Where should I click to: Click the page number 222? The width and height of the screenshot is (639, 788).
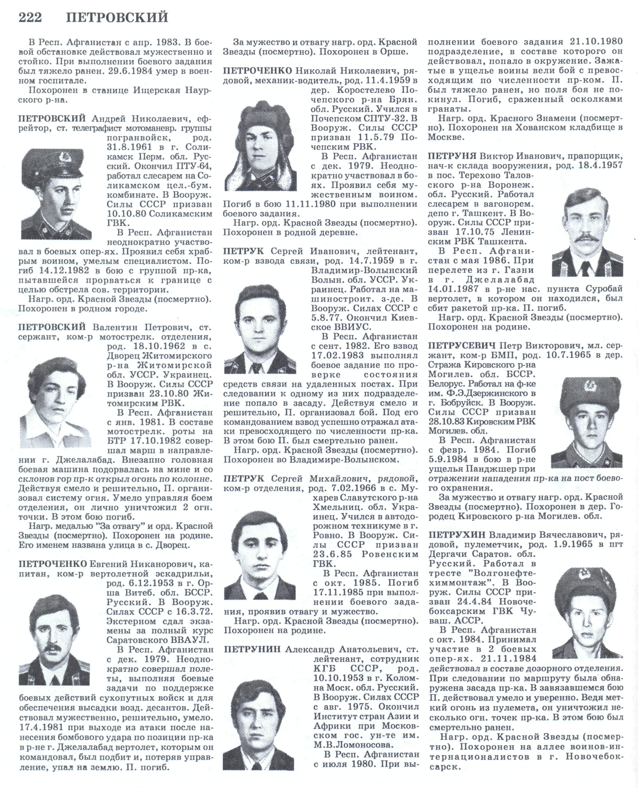pos(31,17)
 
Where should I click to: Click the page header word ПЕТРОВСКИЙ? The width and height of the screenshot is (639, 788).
pos(117,17)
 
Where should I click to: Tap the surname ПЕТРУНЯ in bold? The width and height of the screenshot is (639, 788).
pos(452,156)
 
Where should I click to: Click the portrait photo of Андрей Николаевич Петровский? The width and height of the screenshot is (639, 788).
pos(56,194)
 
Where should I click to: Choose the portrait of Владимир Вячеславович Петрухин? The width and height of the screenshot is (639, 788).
pos(587,611)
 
